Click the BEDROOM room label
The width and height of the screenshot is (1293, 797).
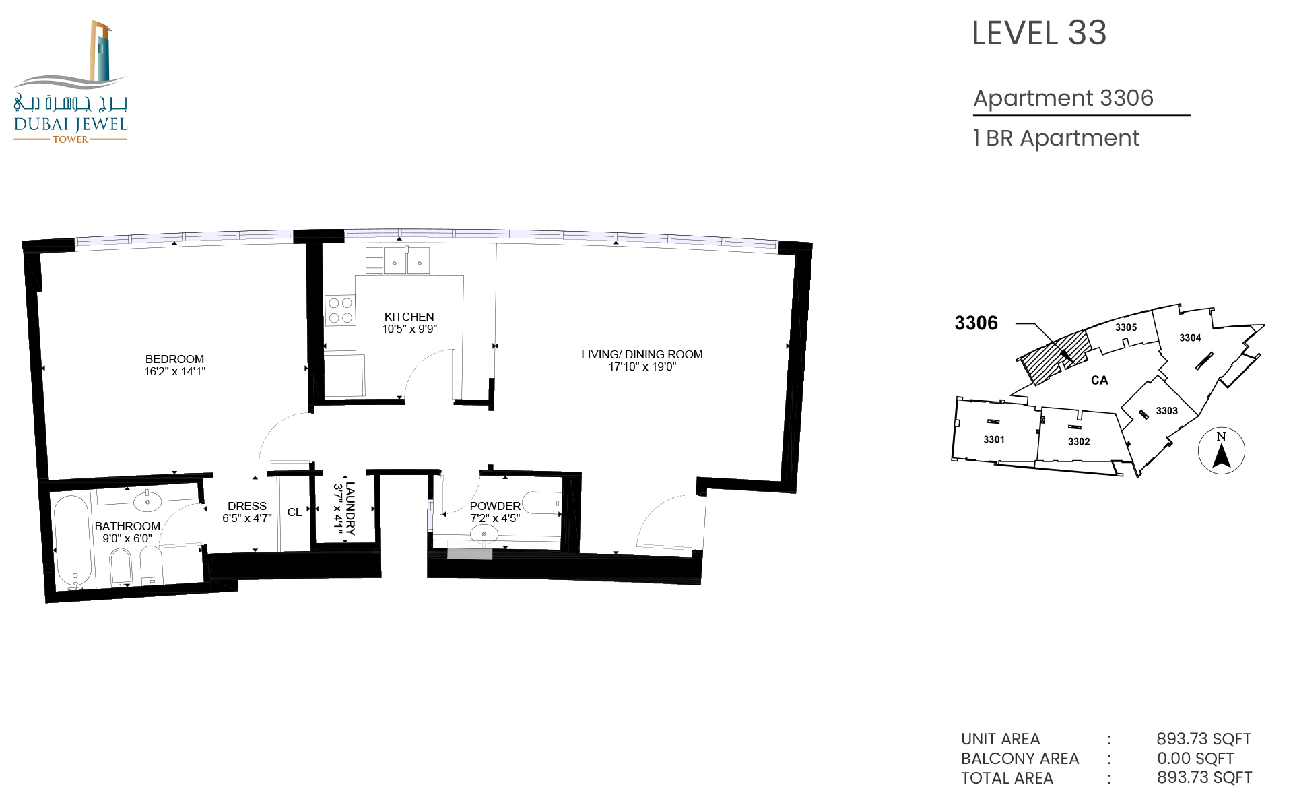click(x=174, y=359)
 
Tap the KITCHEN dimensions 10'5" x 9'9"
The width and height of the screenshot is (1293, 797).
click(x=409, y=329)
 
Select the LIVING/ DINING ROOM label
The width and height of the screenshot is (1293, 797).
click(x=642, y=354)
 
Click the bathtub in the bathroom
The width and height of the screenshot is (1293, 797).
click(x=73, y=542)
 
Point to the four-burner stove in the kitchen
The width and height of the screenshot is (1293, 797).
click(x=340, y=311)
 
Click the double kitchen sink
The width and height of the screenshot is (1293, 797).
click(x=407, y=260)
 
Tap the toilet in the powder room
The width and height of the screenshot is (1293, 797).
click(x=542, y=503)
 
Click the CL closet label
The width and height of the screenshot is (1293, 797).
click(x=294, y=513)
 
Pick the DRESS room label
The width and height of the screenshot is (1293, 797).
click(x=247, y=506)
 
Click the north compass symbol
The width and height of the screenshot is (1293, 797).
click(x=1222, y=451)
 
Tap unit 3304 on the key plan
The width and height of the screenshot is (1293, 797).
click(x=1190, y=338)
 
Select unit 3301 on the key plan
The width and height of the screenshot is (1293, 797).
click(x=994, y=439)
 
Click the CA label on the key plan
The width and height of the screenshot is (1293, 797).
click(x=1100, y=381)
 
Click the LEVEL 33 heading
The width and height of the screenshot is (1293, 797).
click(x=1039, y=33)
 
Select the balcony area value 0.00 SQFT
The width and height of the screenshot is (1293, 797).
click(x=1195, y=759)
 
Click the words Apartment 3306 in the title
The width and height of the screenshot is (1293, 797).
click(x=1063, y=98)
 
